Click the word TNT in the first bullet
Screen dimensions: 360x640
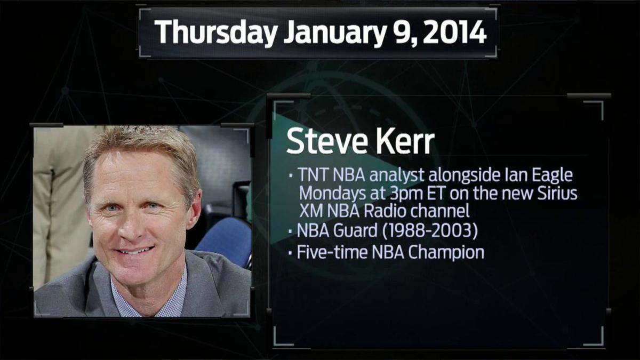point(313,175)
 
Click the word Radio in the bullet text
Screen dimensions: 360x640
point(388,211)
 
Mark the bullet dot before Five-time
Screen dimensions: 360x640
point(290,253)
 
